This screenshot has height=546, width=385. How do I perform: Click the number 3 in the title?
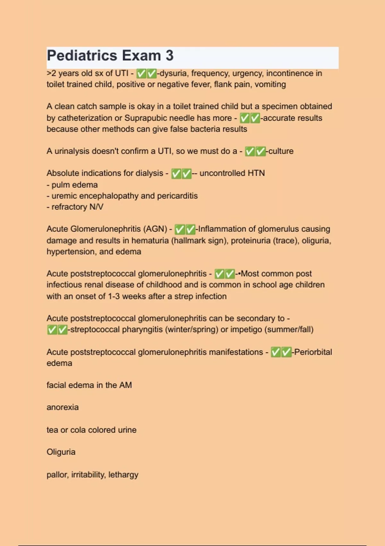point(169,56)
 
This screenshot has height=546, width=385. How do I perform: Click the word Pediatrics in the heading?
point(82,56)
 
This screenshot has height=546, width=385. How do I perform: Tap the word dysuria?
point(173,73)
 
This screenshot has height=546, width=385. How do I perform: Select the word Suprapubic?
point(146,118)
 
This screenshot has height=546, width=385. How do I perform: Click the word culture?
point(281,151)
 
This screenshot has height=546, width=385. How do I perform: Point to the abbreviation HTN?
point(256,173)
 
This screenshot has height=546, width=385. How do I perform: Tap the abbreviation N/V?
point(96,207)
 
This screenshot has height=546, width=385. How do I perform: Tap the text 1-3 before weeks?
point(114,296)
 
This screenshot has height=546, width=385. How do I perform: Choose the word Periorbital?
point(313,352)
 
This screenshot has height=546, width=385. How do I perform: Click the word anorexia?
point(63,407)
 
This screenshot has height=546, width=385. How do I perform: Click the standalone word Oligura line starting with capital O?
point(61,452)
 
